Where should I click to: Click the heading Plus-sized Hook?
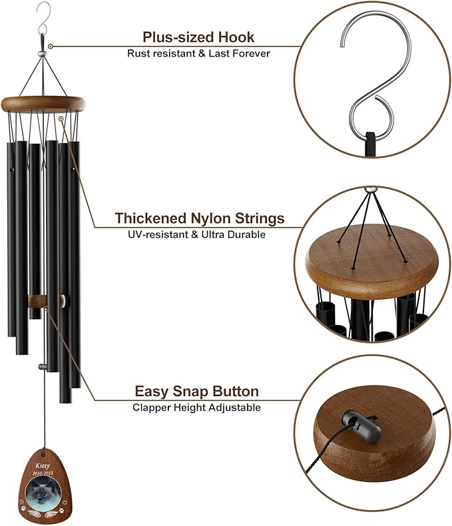[198, 37]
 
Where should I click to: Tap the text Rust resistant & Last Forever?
[198, 53]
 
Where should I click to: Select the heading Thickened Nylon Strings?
[199, 218]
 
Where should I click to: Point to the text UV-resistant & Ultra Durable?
[199, 234]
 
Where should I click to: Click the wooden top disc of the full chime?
[44, 103]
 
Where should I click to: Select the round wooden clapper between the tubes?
[47, 302]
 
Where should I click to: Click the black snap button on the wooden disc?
[359, 425]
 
